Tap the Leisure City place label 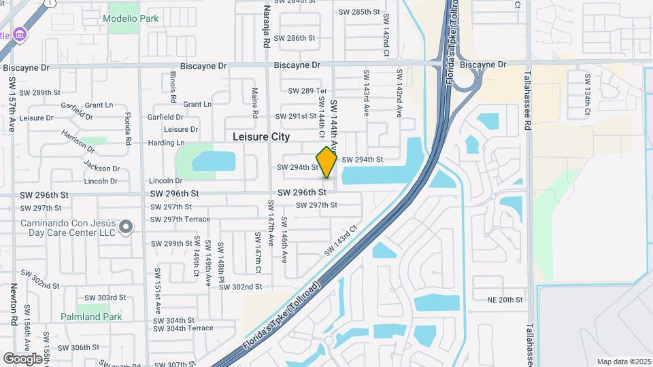coord(261,137)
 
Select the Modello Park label coord(131,18)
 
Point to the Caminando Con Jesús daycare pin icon coord(126,227)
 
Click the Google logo coord(22,358)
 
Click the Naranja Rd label coord(266,27)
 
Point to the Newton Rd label coord(13,304)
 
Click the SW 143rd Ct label coord(341,241)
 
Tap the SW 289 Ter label coord(307,91)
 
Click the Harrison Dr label coord(78,139)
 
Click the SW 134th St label coord(586,90)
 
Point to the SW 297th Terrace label coord(182,219)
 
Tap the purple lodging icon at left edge coord(20,34)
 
